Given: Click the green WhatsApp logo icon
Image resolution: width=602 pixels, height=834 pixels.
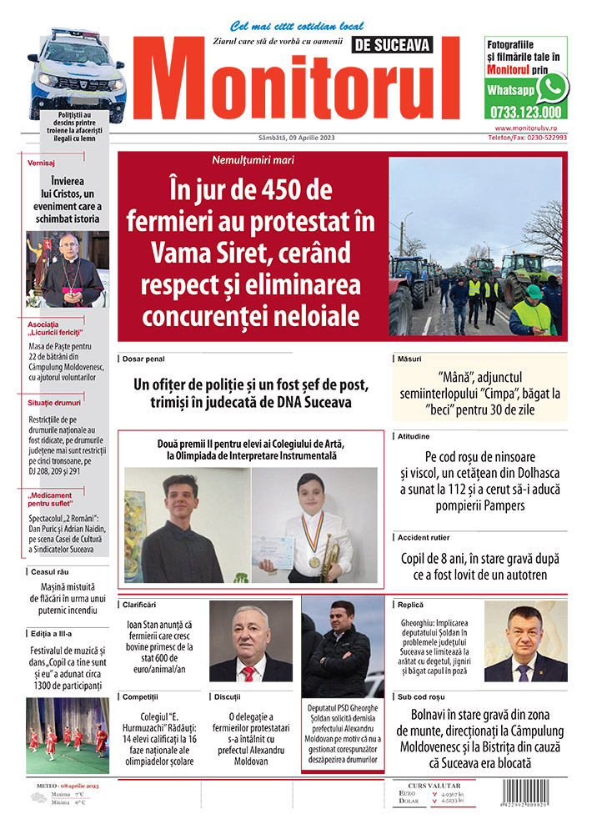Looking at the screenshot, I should [x=552, y=87].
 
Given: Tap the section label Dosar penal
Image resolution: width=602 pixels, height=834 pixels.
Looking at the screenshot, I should [x=143, y=359].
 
